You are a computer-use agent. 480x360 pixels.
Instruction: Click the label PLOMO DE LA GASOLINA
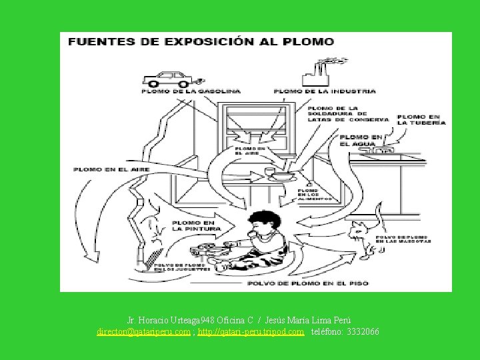tap(177, 91)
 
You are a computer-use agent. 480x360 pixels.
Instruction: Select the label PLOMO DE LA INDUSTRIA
tap(325, 91)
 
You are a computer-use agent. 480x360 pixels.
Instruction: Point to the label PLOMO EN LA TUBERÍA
tap(421, 120)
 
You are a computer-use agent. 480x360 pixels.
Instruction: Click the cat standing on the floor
tap(364, 240)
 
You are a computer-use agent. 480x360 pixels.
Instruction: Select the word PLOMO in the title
tap(309, 41)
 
